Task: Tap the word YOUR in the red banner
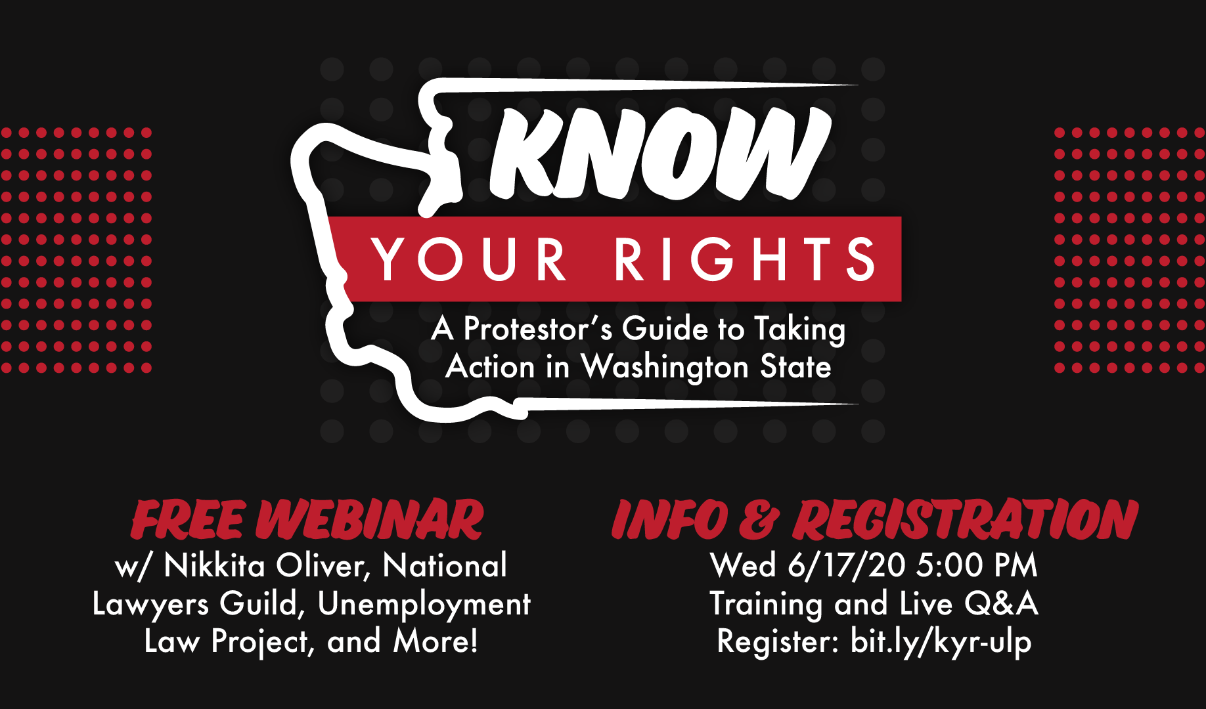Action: [469, 259]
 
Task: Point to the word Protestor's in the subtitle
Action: [538, 328]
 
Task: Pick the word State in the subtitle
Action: [795, 366]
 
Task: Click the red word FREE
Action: [189, 519]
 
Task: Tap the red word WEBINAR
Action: [370, 519]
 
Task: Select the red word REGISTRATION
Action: [966, 519]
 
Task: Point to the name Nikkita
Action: [214, 565]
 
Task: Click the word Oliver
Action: [323, 566]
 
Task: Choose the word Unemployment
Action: [424, 605]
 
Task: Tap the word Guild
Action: [261, 604]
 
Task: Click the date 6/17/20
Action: [847, 565]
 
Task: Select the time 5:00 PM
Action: [977, 565]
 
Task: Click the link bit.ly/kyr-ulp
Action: [941, 642]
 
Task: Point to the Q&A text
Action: [1001, 603]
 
